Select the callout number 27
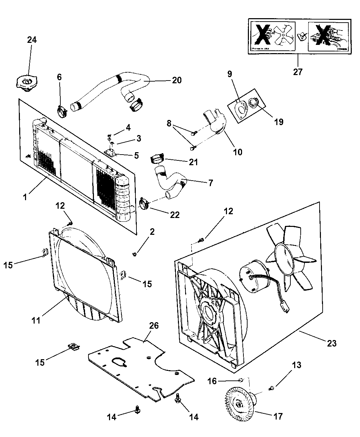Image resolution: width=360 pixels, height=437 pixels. (x=298, y=72)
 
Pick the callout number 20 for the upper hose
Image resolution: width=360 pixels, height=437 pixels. (x=177, y=80)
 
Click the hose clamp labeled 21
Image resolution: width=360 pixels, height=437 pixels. (x=157, y=159)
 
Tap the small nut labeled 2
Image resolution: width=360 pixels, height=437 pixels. (x=135, y=254)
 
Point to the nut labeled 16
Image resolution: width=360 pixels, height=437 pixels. (x=241, y=380)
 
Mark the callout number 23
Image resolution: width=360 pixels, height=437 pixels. (x=332, y=343)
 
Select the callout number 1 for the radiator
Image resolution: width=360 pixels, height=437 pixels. (x=26, y=198)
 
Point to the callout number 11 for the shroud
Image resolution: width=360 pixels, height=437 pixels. (x=36, y=320)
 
